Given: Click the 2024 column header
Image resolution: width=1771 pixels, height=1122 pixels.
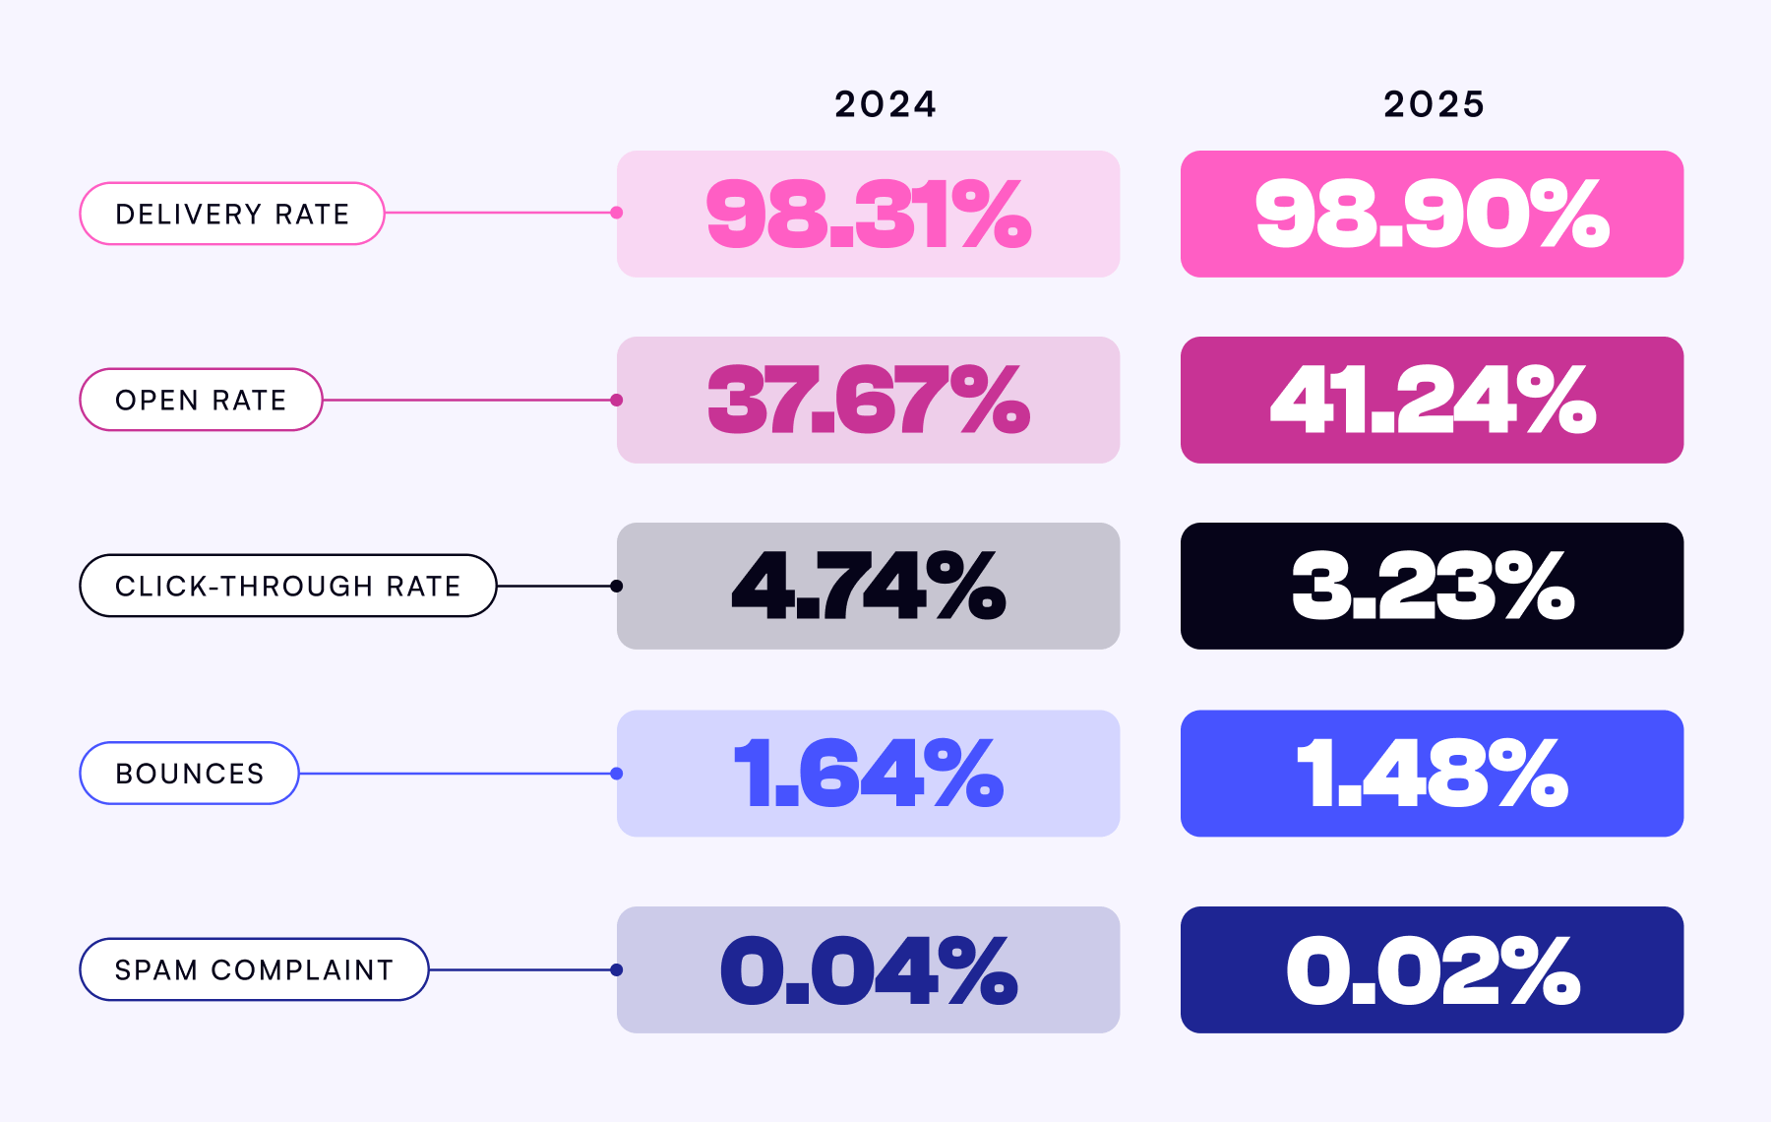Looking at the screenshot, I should point(885,104).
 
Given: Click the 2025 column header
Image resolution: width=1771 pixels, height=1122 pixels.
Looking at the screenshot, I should point(1434,104).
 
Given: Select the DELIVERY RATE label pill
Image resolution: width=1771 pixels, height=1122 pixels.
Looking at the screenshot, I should point(232,214).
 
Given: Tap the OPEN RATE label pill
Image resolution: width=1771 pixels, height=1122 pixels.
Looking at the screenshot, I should point(201,400).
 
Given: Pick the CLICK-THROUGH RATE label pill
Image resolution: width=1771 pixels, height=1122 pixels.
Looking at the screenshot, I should point(287,586).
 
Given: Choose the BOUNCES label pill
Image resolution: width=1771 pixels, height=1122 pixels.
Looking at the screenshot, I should point(189,774).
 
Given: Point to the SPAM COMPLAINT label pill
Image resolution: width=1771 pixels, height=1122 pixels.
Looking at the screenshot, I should point(254,969).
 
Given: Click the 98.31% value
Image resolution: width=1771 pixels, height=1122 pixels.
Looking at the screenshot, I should point(868,214).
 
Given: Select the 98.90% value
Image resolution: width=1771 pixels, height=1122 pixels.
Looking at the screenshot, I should point(1432,214).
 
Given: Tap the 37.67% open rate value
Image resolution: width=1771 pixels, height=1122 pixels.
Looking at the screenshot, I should point(868,400).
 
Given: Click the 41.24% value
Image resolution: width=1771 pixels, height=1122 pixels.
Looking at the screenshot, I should point(1432,400).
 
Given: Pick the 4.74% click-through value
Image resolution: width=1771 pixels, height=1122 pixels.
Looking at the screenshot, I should point(868,586).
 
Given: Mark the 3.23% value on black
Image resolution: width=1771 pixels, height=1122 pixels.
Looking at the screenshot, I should point(1432,586).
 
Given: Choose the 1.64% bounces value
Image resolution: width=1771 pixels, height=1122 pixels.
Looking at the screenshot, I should point(868,774).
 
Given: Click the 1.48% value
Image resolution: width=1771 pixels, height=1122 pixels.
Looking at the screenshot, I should point(1432,774).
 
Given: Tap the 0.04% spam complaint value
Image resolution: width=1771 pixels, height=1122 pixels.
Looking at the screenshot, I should point(868,969).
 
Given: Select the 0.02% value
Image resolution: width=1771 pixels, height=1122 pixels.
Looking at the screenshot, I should point(1432,969).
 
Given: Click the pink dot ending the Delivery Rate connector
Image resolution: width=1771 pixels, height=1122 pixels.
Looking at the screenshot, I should point(617,213).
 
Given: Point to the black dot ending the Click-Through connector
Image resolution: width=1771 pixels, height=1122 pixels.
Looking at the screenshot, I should point(617,586).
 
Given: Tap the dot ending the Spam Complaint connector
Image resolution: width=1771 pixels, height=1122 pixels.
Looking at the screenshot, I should point(617,969).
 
